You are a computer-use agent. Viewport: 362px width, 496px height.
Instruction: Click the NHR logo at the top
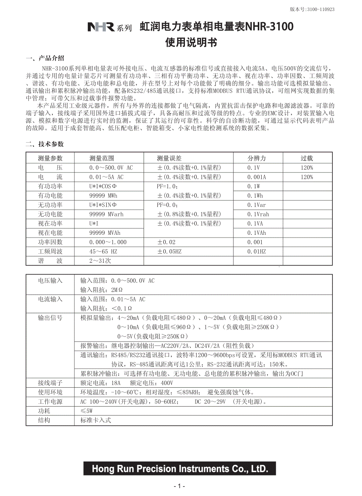(x=101, y=27)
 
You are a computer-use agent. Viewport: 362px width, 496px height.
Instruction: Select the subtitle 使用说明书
(x=191, y=43)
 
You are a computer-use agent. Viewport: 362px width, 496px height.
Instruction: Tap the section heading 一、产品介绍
(x=45, y=59)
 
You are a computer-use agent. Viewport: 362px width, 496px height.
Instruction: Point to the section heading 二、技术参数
(x=44, y=144)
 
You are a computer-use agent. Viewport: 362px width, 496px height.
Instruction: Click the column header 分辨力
(x=257, y=158)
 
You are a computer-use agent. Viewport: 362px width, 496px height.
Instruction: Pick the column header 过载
(x=307, y=158)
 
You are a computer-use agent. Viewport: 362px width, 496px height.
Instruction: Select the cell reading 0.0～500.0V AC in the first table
(x=111, y=168)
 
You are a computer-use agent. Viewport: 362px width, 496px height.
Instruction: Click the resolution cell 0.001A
(x=257, y=177)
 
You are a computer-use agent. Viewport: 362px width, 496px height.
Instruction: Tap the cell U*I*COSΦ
(x=103, y=186)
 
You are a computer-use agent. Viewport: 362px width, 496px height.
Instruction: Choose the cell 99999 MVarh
(x=106, y=214)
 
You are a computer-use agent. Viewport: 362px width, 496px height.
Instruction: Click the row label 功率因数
(x=50, y=242)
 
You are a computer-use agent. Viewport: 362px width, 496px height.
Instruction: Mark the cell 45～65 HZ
(x=103, y=251)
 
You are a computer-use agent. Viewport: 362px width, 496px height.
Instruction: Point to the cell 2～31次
(x=100, y=261)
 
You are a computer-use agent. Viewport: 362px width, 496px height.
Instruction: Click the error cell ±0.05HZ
(x=170, y=251)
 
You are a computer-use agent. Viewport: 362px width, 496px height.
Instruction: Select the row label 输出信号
(x=50, y=318)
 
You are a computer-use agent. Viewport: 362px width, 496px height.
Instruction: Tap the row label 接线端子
(x=50, y=383)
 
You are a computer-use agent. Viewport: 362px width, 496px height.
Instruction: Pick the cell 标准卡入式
(x=96, y=420)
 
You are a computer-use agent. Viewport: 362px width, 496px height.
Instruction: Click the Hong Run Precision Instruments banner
(x=180, y=469)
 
